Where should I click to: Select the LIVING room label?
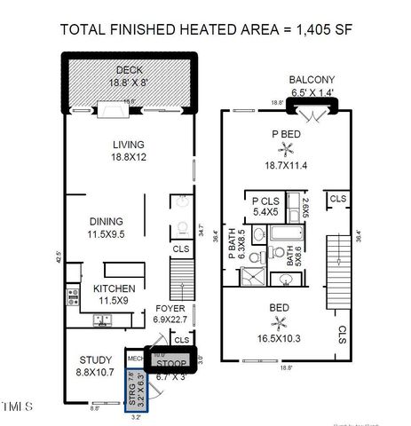point(128,145)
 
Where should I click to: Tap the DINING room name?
point(106,221)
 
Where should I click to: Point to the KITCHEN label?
point(115,288)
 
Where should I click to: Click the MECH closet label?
point(135,359)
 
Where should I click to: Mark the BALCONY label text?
point(313,79)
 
